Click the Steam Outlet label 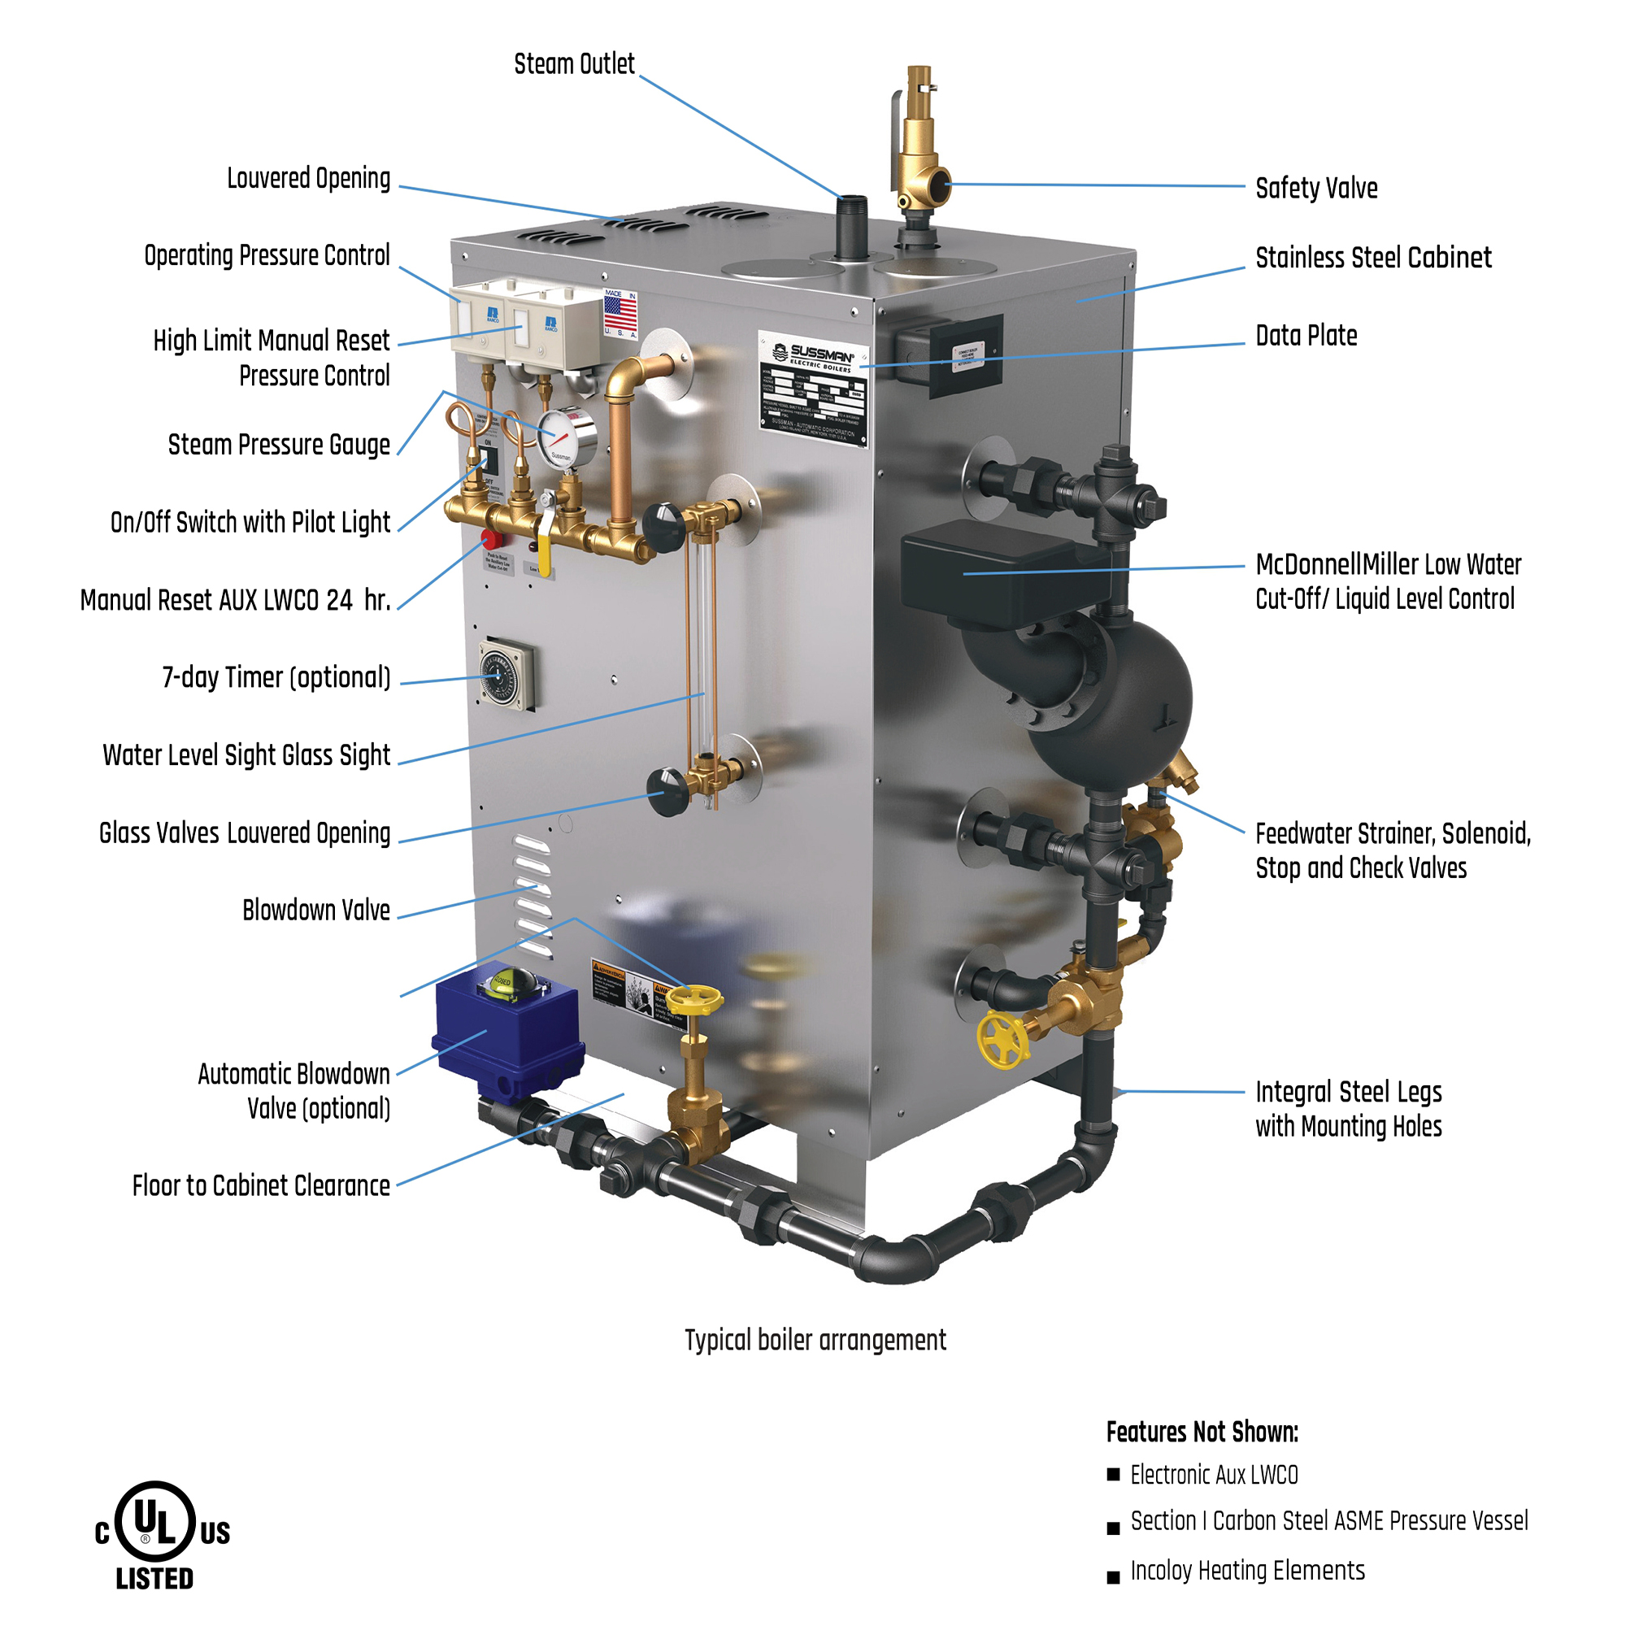pyautogui.click(x=574, y=64)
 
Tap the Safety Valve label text pyautogui.click(x=1315, y=188)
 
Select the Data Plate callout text pyautogui.click(x=1306, y=335)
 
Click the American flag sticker pyautogui.click(x=620, y=313)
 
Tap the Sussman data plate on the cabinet pyautogui.click(x=812, y=389)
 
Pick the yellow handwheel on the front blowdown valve pyautogui.click(x=700, y=999)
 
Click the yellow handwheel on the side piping pyautogui.click(x=1002, y=1041)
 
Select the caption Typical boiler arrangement pyautogui.click(x=815, y=1340)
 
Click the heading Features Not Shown pyautogui.click(x=1202, y=1432)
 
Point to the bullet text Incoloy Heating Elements pyautogui.click(x=1246, y=1571)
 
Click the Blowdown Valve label pyautogui.click(x=315, y=910)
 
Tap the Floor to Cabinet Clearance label pyautogui.click(x=261, y=1185)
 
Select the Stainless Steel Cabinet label pyautogui.click(x=1372, y=258)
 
